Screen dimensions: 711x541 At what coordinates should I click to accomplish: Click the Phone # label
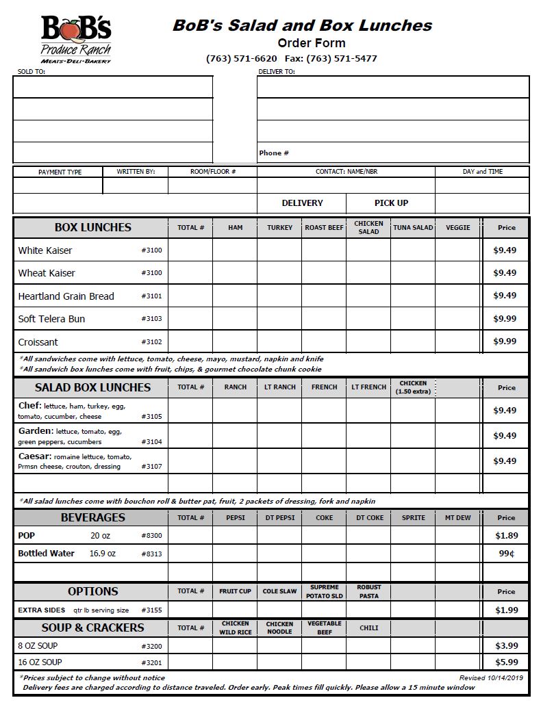(x=274, y=153)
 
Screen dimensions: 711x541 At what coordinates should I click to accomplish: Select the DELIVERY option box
(x=302, y=203)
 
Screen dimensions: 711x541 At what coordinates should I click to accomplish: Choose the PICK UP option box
(x=391, y=203)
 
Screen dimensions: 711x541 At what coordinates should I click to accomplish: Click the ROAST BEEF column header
(x=324, y=227)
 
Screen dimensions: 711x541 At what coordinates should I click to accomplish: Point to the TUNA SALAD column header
(x=413, y=227)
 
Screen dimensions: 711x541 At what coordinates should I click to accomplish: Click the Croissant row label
(x=38, y=342)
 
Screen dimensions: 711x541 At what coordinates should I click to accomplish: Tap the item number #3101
(x=151, y=296)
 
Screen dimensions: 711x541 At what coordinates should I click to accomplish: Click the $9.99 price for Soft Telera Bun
(x=505, y=319)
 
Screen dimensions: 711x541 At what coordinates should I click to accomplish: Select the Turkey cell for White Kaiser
(x=279, y=250)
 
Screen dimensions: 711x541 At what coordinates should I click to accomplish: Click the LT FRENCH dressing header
(x=368, y=387)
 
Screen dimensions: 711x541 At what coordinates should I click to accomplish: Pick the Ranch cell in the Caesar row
(x=235, y=461)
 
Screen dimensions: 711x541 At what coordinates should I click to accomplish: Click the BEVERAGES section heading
(x=92, y=517)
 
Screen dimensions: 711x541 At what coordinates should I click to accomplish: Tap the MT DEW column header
(x=457, y=518)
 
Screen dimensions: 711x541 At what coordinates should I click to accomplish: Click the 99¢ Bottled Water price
(x=506, y=553)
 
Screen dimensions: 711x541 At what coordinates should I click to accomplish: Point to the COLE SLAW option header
(x=279, y=591)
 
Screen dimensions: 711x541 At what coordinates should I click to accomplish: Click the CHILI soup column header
(x=368, y=628)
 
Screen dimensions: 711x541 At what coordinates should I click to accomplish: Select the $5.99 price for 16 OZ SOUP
(x=506, y=662)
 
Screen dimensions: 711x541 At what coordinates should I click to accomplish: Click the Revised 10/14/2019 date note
(x=490, y=677)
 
